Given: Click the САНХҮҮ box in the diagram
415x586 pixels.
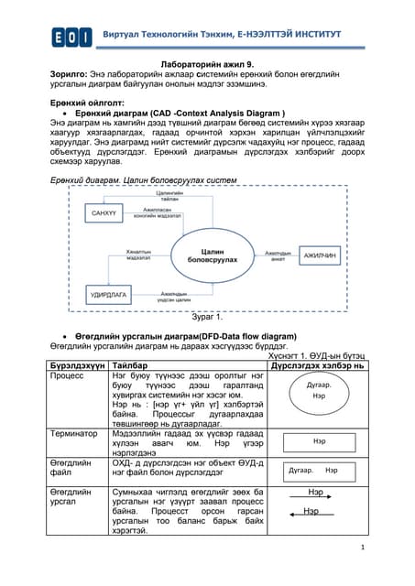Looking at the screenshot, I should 100,213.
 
